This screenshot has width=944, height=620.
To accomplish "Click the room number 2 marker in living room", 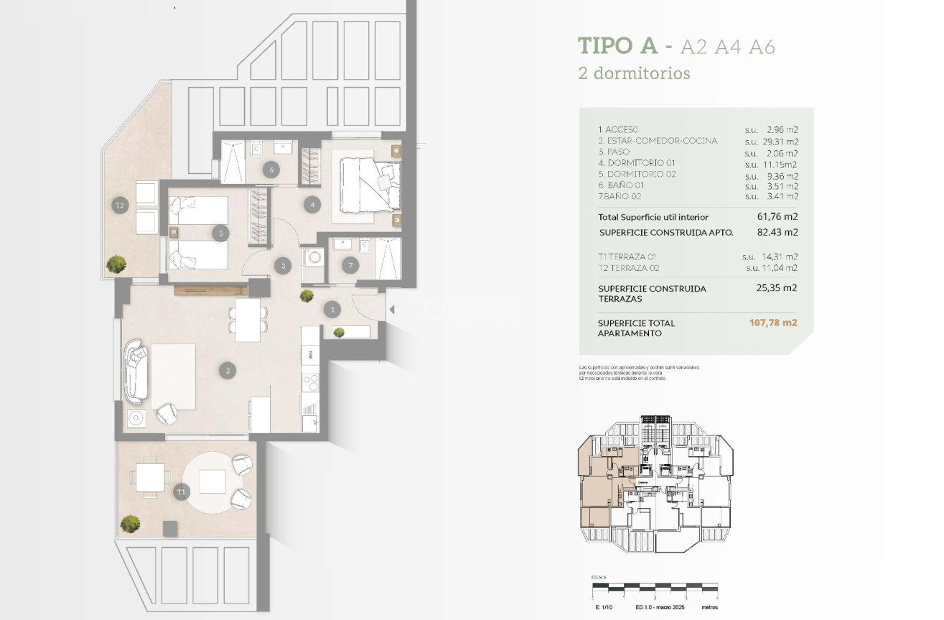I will [x=228, y=371].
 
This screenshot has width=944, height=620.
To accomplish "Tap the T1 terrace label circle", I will [x=181, y=492].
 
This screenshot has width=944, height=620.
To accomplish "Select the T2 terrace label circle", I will [x=120, y=206].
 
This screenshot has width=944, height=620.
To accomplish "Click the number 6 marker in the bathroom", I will [x=271, y=170].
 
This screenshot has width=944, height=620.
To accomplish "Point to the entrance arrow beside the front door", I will [x=391, y=310].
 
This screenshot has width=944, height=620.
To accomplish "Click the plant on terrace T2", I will [x=116, y=264].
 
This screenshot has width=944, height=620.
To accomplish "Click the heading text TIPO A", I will [x=617, y=46].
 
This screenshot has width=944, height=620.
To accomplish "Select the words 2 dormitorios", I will [x=634, y=73].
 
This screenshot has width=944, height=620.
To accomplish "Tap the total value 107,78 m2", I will [x=772, y=323].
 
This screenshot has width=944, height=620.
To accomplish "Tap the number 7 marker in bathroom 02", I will [x=350, y=266].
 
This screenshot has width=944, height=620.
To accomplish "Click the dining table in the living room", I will [x=248, y=320].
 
